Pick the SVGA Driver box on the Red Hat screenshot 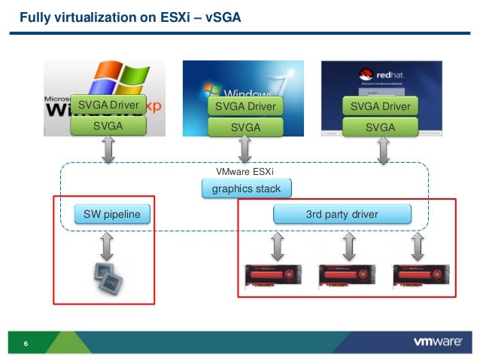pos(380,107)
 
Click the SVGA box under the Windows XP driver pos(108,127)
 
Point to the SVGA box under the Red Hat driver pos(380,127)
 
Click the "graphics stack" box pos(246,189)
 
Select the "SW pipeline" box pos(112,216)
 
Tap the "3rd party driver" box pos(342,216)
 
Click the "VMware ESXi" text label pos(245,172)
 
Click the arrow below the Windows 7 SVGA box pos(245,151)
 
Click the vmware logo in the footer pos(437,342)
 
